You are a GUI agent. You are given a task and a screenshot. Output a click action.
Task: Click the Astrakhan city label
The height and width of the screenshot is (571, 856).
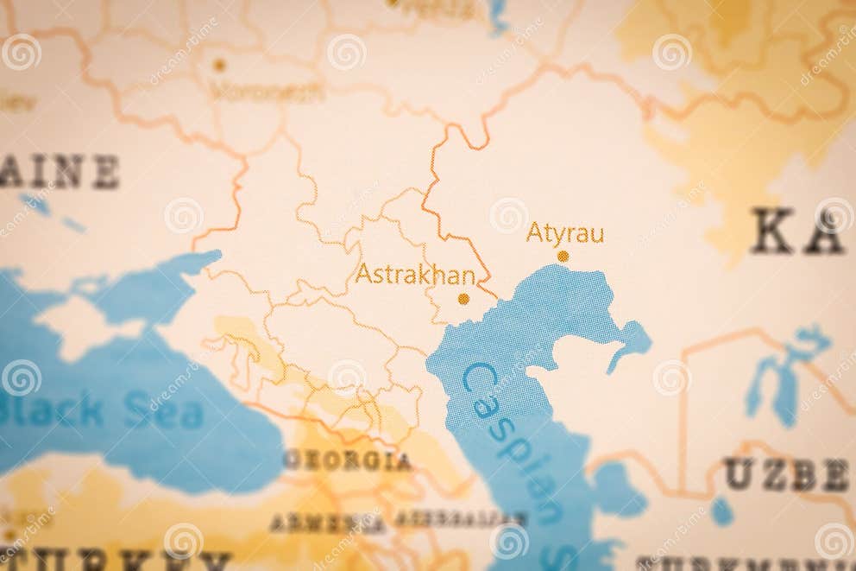coord(415,275)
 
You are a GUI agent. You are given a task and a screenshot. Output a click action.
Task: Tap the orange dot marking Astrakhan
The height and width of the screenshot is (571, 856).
coord(463,299)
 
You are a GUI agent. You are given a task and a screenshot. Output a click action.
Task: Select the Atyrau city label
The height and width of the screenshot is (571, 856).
coord(564,233)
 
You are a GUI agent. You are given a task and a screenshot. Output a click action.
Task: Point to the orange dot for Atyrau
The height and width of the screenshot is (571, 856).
coord(563,257)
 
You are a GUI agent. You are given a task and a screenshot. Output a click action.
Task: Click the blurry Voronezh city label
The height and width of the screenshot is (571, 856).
coord(266,91)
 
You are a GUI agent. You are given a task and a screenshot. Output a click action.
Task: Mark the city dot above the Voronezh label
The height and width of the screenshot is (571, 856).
coord(219,65)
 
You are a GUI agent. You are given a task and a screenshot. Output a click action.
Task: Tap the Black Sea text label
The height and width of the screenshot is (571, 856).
coord(104,412)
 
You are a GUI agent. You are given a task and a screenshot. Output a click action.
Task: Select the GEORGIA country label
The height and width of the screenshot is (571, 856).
coord(348,460)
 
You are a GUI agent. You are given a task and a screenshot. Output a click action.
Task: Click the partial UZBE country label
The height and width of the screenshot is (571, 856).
coord(785,474)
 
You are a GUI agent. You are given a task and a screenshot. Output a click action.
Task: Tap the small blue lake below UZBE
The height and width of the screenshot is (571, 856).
coord(721,511)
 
